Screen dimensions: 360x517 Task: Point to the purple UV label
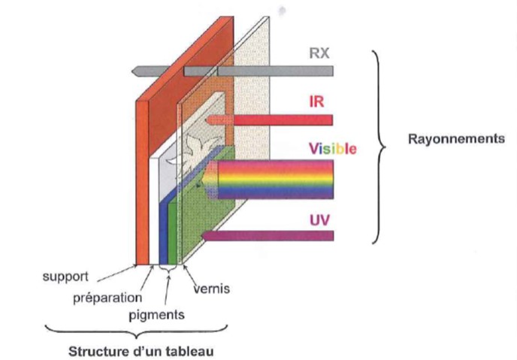[319, 222]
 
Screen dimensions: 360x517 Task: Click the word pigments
[157, 314]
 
